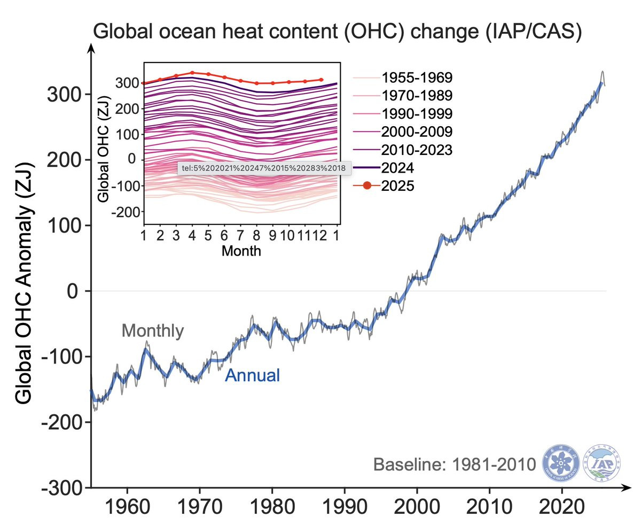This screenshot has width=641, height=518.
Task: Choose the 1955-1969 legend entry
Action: [x=417, y=78]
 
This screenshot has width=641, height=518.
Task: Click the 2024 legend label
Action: [x=398, y=168]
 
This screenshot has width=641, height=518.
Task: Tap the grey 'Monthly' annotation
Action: [x=153, y=331]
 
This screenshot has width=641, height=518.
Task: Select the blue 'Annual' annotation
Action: [x=252, y=375]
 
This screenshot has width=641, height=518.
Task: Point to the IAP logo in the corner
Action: [x=603, y=462]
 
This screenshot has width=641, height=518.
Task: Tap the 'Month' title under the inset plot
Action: [x=241, y=250]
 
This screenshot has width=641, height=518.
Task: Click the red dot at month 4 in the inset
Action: [x=192, y=73]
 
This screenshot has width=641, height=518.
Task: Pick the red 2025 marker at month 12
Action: [x=321, y=80]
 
